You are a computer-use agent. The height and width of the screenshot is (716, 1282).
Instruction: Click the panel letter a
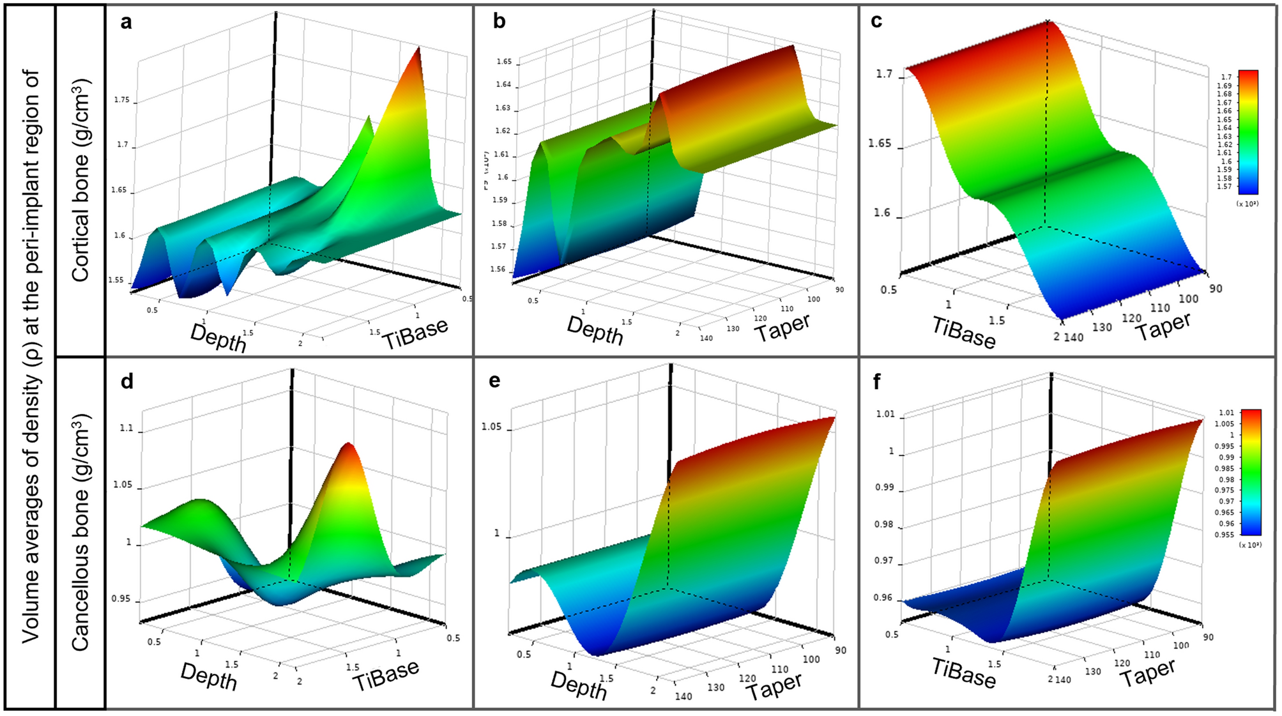click(x=126, y=22)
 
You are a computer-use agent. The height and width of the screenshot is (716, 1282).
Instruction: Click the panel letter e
click(x=494, y=381)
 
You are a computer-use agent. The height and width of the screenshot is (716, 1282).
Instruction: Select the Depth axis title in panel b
click(x=595, y=330)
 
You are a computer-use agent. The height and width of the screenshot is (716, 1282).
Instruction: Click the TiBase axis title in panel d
click(x=386, y=676)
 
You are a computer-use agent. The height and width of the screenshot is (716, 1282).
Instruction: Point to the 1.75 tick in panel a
click(x=121, y=100)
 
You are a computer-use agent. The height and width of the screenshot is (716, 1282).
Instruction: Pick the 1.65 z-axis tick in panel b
click(x=504, y=62)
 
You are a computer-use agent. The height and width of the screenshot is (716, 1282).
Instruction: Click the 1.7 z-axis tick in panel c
click(x=884, y=74)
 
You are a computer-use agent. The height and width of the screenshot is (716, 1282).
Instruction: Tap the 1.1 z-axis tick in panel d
click(x=126, y=428)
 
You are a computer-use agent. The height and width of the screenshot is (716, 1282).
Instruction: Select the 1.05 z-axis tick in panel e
click(x=491, y=427)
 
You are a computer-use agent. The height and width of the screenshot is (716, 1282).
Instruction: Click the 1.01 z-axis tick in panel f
click(x=885, y=414)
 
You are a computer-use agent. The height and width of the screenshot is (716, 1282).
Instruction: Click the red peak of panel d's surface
click(x=349, y=447)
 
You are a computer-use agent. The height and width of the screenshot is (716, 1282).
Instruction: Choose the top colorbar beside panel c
click(x=1248, y=132)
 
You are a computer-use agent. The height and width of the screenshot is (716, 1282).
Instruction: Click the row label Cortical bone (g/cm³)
click(x=81, y=180)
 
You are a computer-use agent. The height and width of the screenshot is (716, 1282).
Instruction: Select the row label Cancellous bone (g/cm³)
click(x=81, y=533)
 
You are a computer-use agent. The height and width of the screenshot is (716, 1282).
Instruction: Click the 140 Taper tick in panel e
click(x=683, y=696)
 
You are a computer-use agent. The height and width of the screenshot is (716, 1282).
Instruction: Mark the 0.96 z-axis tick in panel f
click(x=883, y=598)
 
